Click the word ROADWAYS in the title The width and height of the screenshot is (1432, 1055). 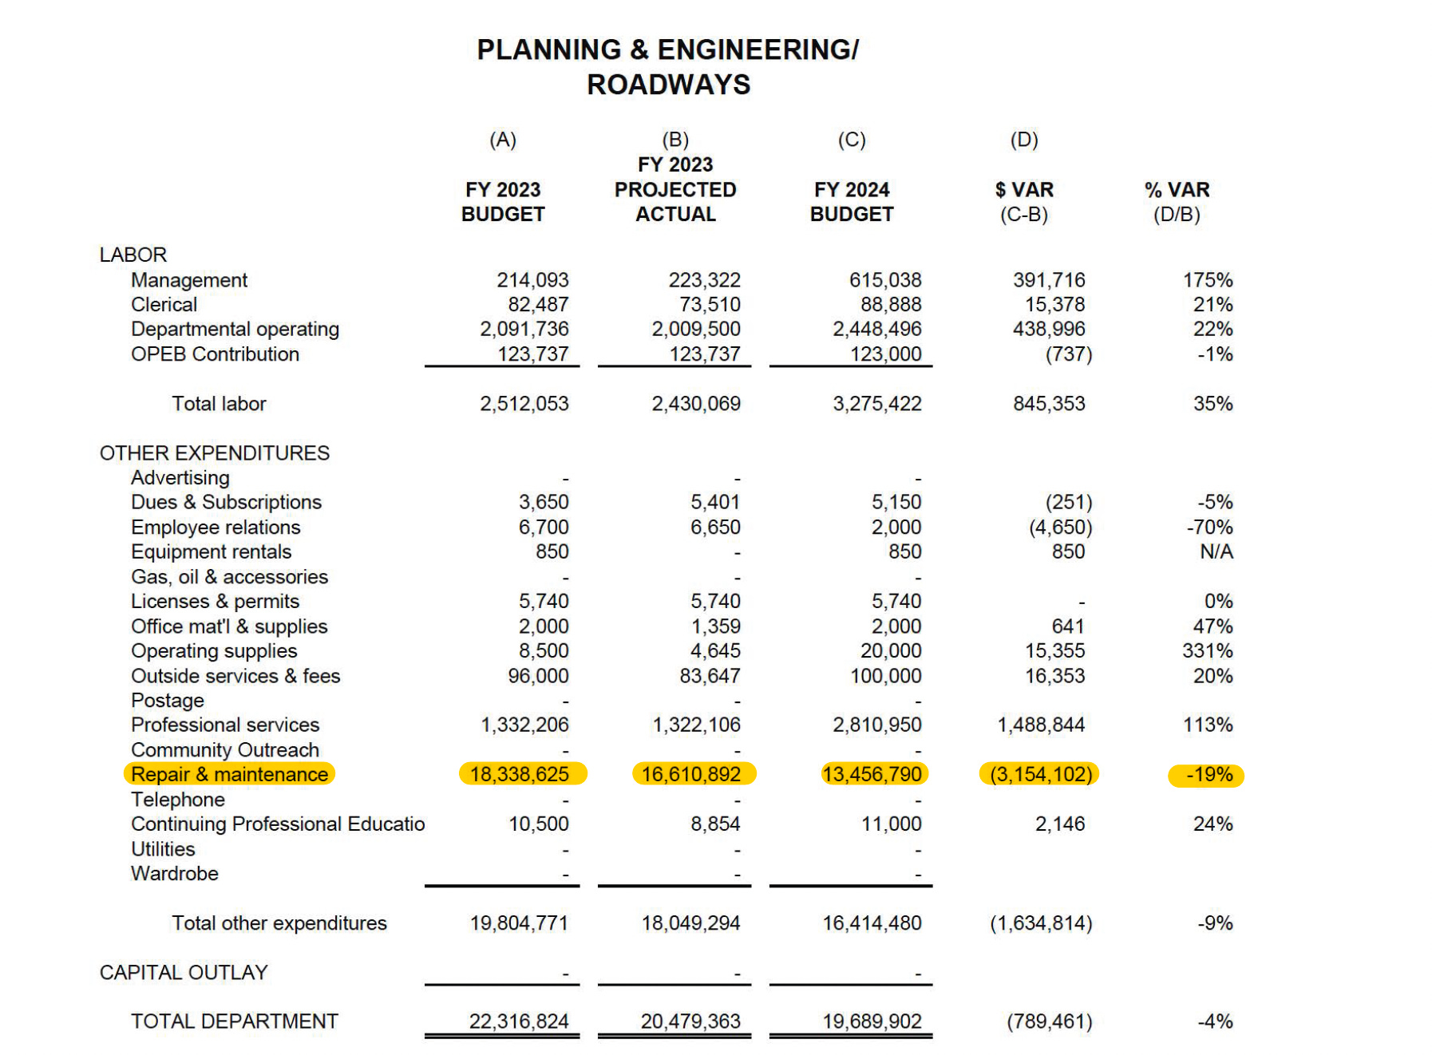tap(668, 85)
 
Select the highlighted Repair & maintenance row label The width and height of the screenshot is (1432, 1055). tap(229, 774)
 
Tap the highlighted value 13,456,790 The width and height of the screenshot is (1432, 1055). tap(872, 774)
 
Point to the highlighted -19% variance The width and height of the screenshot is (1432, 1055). tap(1208, 775)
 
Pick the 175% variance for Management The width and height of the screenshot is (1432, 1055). tap(1207, 280)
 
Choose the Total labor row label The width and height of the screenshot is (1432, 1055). tap(219, 404)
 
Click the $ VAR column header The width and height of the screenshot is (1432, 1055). tap(1023, 190)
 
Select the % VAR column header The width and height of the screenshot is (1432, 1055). tap(1177, 190)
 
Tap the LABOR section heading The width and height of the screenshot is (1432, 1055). tap(133, 255)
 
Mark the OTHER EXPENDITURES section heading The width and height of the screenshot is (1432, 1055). tap(214, 453)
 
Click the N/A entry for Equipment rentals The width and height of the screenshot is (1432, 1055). tap(1216, 551)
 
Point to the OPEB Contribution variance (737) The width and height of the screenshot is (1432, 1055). tap(1068, 354)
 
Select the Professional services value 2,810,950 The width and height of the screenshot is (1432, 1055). tap(876, 725)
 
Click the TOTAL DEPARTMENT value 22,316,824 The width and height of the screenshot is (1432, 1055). tap(519, 1021)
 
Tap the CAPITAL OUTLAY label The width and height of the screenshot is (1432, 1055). tap(184, 972)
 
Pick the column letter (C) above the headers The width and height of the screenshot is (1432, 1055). tap(851, 140)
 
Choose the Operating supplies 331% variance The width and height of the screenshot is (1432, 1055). tap(1207, 651)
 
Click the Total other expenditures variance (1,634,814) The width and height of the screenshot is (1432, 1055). tap(1041, 923)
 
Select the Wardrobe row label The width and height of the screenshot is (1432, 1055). tap(174, 874)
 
